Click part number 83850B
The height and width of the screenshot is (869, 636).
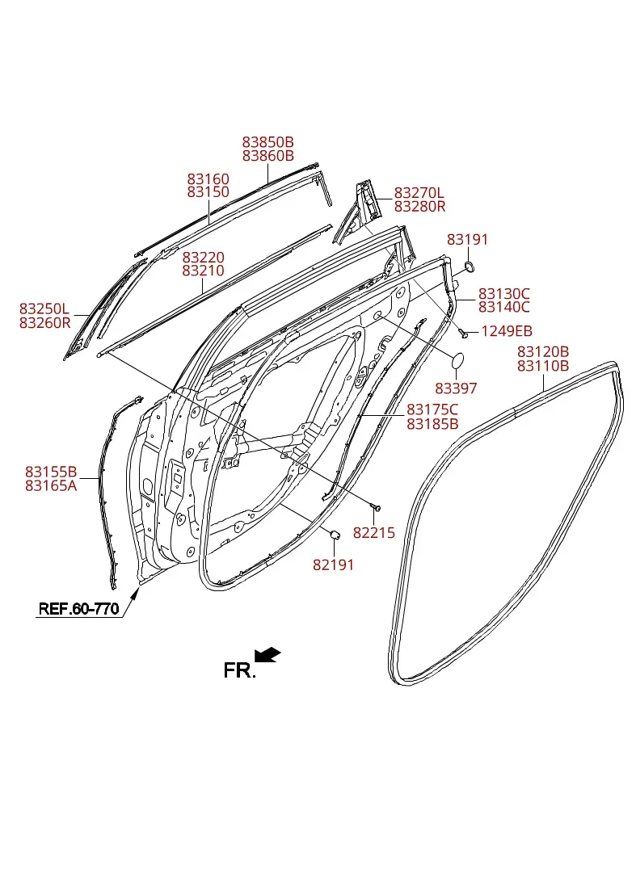(267, 142)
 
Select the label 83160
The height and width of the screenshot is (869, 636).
(208, 179)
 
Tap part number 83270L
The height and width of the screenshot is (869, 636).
(419, 193)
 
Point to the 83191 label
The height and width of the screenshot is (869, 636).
(467, 239)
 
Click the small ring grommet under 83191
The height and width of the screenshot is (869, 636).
(469, 267)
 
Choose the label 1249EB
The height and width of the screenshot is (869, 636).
(507, 331)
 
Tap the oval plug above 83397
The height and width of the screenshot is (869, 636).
(457, 361)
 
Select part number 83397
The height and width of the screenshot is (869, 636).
(456, 388)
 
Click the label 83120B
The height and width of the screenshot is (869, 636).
(543, 352)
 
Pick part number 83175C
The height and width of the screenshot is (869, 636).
(432, 409)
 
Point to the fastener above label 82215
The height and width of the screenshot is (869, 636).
(376, 506)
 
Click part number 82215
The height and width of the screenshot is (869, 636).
(374, 533)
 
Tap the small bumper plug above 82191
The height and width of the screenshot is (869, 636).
(335, 534)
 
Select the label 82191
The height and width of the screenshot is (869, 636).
(333, 565)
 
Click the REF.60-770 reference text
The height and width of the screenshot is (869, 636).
(78, 609)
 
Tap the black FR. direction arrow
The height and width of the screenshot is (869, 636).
(267, 654)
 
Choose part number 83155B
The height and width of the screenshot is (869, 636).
(51, 472)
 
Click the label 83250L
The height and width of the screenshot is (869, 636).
(44, 309)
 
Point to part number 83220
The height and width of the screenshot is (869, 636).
(204, 258)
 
